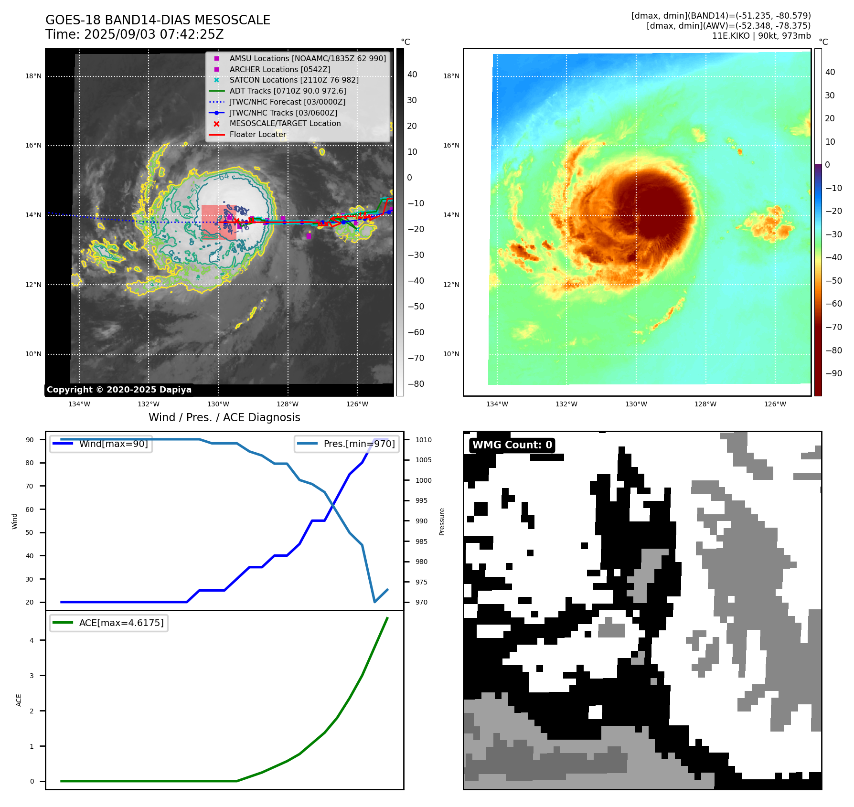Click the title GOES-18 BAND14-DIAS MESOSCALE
click(158, 20)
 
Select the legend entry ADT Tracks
click(288, 91)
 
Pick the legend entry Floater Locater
click(257, 134)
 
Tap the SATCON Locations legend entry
click(294, 80)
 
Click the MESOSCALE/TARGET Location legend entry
click(285, 123)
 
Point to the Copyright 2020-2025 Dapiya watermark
click(119, 390)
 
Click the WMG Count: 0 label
click(512, 445)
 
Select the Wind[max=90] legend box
click(101, 444)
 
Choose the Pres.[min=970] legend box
click(347, 444)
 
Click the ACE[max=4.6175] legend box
click(109, 623)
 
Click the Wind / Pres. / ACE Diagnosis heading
click(224, 417)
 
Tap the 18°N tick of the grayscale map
click(33, 76)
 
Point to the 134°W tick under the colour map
click(497, 404)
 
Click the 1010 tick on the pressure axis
click(423, 440)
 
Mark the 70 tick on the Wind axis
click(30, 486)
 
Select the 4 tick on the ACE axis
click(32, 640)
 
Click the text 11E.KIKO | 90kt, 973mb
click(761, 36)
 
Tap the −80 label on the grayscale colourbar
click(416, 384)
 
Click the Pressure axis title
click(442, 521)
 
